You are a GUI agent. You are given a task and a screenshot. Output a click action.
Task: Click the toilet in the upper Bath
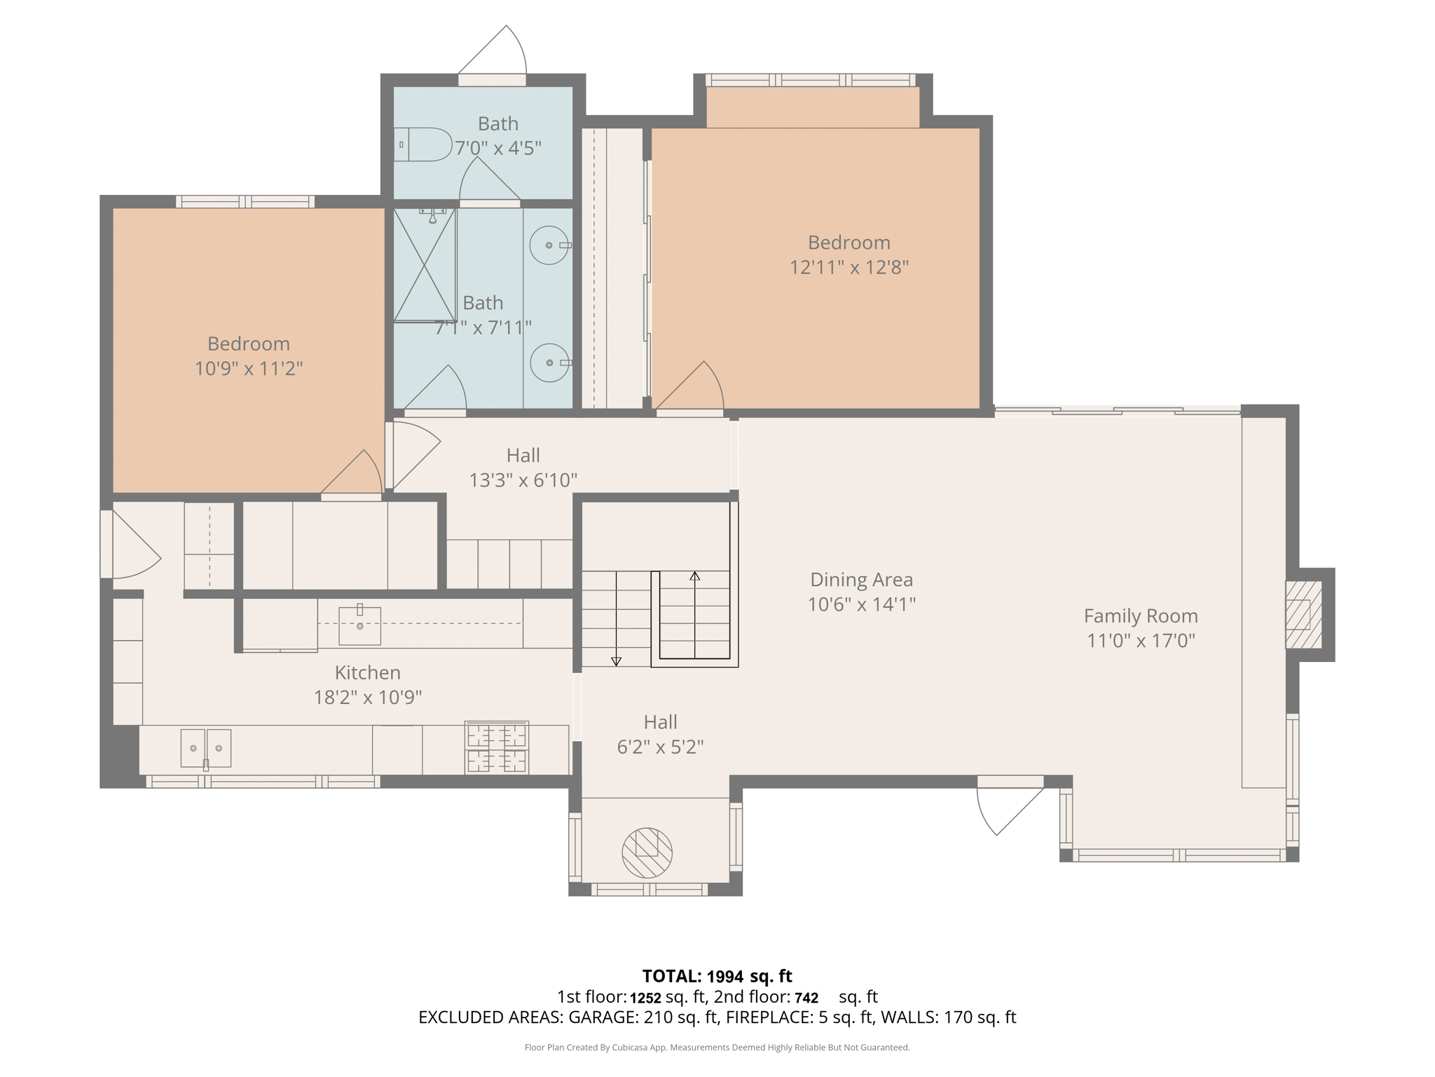pos(423,144)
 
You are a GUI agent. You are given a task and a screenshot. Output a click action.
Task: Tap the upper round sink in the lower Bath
pos(549,245)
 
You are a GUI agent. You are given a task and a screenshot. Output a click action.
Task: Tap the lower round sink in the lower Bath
pos(549,363)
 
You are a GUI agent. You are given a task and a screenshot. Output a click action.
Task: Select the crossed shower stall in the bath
pos(425,265)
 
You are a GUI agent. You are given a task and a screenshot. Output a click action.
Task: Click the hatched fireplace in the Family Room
pos(1303,614)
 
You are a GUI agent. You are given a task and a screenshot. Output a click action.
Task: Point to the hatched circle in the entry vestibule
pos(647,853)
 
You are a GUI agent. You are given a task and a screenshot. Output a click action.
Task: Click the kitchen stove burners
pos(496,747)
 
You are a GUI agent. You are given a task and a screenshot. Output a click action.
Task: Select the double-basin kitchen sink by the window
pos(205,748)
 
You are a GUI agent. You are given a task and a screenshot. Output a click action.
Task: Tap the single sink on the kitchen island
pos(359,625)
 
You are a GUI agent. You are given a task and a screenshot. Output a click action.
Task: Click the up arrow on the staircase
pos(694,576)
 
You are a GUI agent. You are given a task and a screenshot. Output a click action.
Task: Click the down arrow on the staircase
pos(616,661)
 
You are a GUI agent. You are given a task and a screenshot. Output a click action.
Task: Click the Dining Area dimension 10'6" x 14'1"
pos(861,604)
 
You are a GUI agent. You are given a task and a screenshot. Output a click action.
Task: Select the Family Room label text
pos(1140,616)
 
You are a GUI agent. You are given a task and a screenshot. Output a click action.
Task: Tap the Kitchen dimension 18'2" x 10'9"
pos(367,697)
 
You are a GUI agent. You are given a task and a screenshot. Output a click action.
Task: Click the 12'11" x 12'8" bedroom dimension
pos(849,267)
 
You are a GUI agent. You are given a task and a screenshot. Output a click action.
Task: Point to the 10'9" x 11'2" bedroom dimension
pos(248,368)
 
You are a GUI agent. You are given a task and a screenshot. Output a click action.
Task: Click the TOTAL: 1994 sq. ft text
pos(717,976)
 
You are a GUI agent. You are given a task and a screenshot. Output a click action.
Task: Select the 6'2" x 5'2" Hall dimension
pos(659,747)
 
